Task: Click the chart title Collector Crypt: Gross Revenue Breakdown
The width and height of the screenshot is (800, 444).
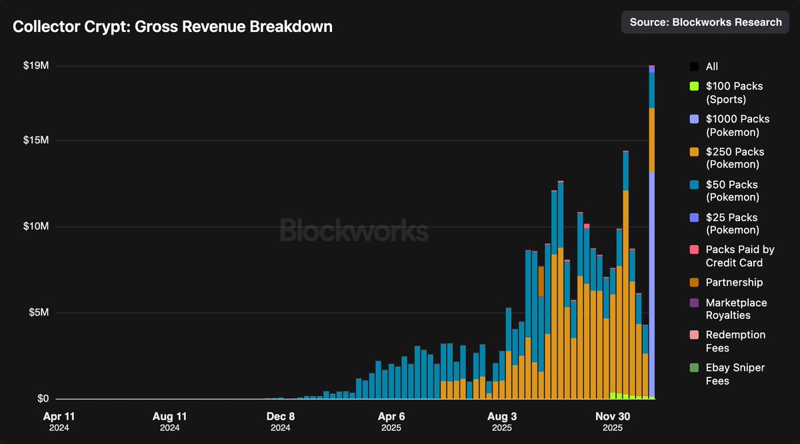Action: (x=173, y=27)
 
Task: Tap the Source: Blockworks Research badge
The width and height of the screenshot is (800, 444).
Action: (x=705, y=22)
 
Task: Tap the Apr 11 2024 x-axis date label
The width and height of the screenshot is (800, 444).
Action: (x=59, y=421)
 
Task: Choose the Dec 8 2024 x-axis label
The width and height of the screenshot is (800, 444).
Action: (x=280, y=421)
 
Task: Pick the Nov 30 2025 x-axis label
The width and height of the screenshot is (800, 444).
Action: (x=612, y=421)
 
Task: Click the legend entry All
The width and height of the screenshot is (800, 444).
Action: (x=711, y=67)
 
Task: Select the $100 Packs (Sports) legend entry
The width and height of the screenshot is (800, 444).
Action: (x=733, y=93)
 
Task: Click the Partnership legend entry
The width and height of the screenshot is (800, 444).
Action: (x=733, y=282)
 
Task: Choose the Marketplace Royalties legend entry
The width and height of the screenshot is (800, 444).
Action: (x=735, y=309)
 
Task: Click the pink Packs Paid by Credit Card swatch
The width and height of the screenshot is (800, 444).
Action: (x=694, y=250)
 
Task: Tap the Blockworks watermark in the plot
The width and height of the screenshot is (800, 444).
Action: (x=353, y=231)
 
